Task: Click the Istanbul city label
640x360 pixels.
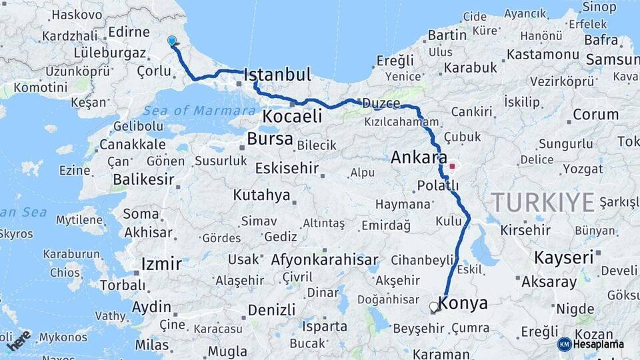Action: point(278,75)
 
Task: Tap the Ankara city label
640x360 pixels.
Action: point(419,158)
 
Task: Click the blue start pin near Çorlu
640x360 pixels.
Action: point(173,41)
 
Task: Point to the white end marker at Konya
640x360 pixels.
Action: point(434,307)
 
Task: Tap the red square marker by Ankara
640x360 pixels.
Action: point(453,166)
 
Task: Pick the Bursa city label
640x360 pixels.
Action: point(270,139)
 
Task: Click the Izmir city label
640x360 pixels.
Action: point(161,263)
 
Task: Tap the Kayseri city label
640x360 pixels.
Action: point(563,257)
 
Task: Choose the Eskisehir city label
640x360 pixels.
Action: point(286,168)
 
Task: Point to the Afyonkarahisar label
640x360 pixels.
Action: point(325,260)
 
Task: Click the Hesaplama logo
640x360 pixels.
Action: point(591,344)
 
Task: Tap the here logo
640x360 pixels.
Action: point(19,340)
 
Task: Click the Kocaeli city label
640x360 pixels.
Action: point(292,116)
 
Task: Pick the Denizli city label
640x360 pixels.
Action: point(271,310)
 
